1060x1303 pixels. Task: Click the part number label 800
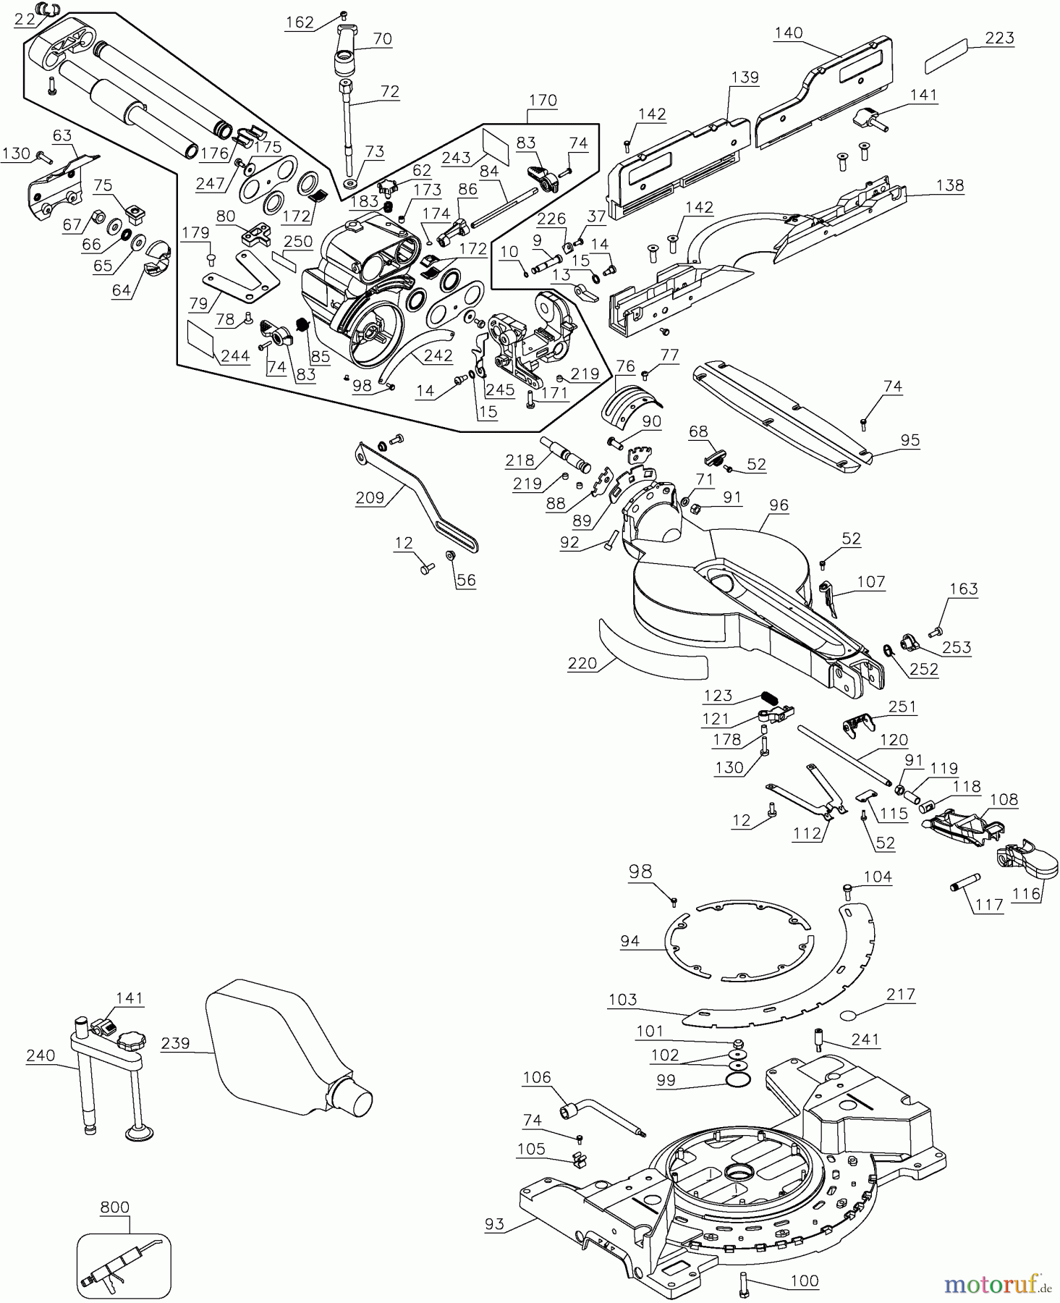coord(114,1207)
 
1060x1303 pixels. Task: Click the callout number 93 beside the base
coord(496,1224)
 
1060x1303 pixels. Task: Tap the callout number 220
coord(582,663)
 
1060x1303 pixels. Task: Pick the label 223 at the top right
coord(999,37)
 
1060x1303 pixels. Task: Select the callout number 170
coord(543,100)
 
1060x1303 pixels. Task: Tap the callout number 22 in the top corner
coord(24,20)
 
